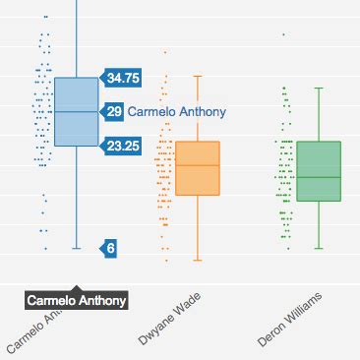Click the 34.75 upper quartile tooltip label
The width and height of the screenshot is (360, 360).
tap(123, 78)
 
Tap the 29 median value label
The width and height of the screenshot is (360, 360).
tap(114, 112)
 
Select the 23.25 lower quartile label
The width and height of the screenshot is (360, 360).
tap(123, 146)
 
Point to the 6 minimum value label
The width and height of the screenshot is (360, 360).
tap(110, 249)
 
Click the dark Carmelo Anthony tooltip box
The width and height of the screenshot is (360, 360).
tap(77, 300)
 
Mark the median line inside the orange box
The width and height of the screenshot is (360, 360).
tap(198, 165)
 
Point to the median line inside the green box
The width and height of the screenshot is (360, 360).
tap(318, 177)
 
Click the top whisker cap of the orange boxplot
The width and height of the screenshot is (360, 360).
tap(198, 76)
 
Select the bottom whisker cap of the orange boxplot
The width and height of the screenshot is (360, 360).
tap(198, 260)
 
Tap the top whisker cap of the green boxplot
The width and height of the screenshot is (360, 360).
tap(318, 89)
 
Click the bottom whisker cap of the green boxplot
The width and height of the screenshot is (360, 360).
tap(318, 249)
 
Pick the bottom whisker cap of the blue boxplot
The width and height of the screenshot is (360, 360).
tap(76, 249)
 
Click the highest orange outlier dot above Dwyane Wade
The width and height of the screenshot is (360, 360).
tap(165, 51)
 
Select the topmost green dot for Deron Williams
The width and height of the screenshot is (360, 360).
tap(284, 34)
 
